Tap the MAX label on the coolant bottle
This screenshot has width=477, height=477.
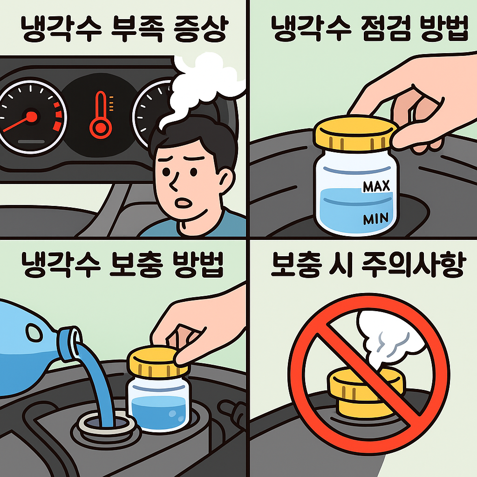(x=376, y=187)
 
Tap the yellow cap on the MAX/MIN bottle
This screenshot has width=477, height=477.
(x=355, y=132)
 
